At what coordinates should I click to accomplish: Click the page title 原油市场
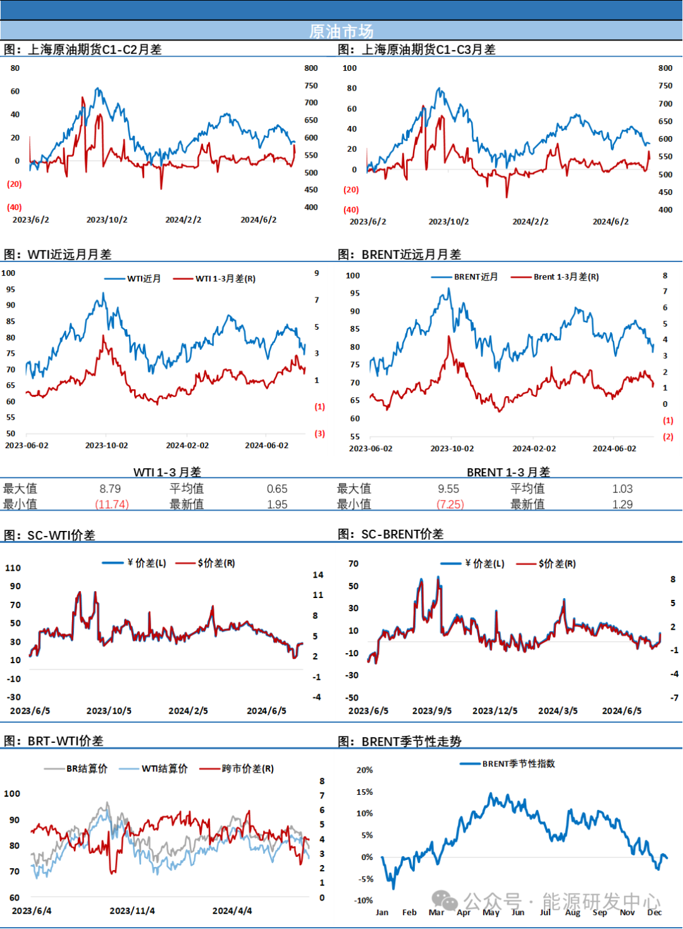341,31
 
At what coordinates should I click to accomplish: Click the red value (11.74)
112,504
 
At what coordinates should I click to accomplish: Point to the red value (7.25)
451,504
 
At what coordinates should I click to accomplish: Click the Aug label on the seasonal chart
572,913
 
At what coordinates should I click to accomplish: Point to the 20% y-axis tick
364,770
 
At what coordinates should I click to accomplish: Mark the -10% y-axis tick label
364,901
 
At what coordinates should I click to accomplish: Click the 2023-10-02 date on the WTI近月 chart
106,446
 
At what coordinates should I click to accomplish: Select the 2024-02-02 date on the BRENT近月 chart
534,449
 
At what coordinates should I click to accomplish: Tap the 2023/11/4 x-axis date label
132,911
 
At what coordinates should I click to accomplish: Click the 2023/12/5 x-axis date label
495,711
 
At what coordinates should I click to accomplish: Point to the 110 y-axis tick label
13,568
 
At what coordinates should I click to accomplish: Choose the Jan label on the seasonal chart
382,913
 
